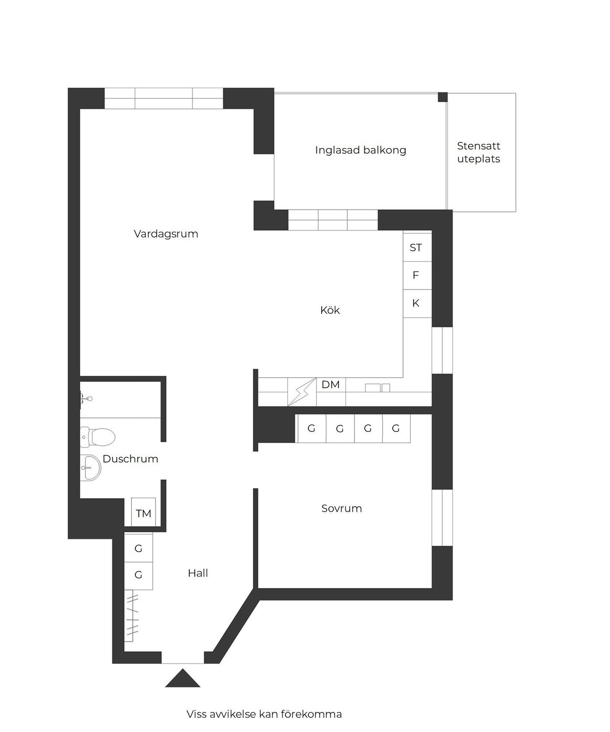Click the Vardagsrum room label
point(166,234)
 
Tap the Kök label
point(330,310)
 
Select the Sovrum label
point(341,508)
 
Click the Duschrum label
point(130,459)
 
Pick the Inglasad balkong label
point(360,150)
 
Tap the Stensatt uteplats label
point(478,152)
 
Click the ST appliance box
point(417,247)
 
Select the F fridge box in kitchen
point(417,276)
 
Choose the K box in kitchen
point(417,303)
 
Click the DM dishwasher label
point(330,385)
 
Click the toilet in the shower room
point(98,437)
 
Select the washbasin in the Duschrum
point(91,468)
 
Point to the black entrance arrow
point(183,678)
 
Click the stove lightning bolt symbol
point(302,392)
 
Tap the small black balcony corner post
point(443,97)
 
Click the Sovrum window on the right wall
point(442,518)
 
